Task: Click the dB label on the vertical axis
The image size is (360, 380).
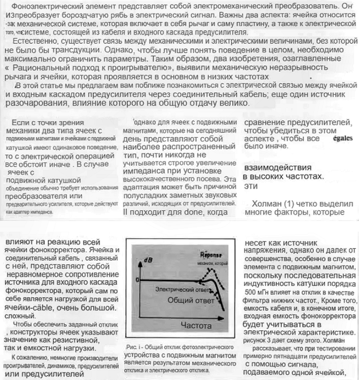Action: coord(148,260)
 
